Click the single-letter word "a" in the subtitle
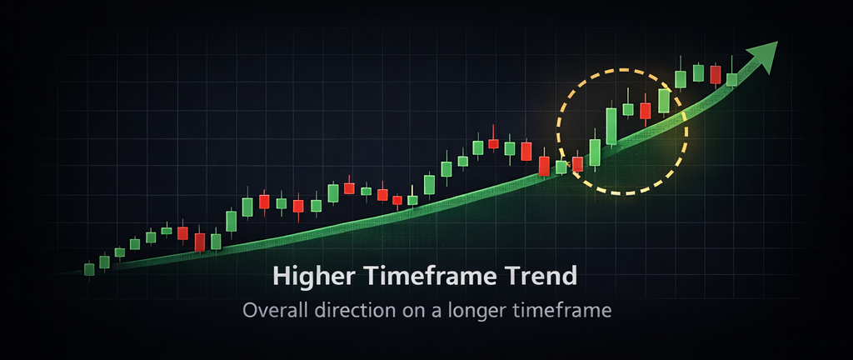coord(427,312)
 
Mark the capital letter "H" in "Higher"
coord(282,277)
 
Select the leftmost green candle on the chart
coord(89,268)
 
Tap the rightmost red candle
coord(716,75)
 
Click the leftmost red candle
coord(182,232)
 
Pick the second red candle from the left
coord(200,242)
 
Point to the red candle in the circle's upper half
coord(646,110)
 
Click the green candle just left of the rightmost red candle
coord(699,72)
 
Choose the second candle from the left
coord(104,262)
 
